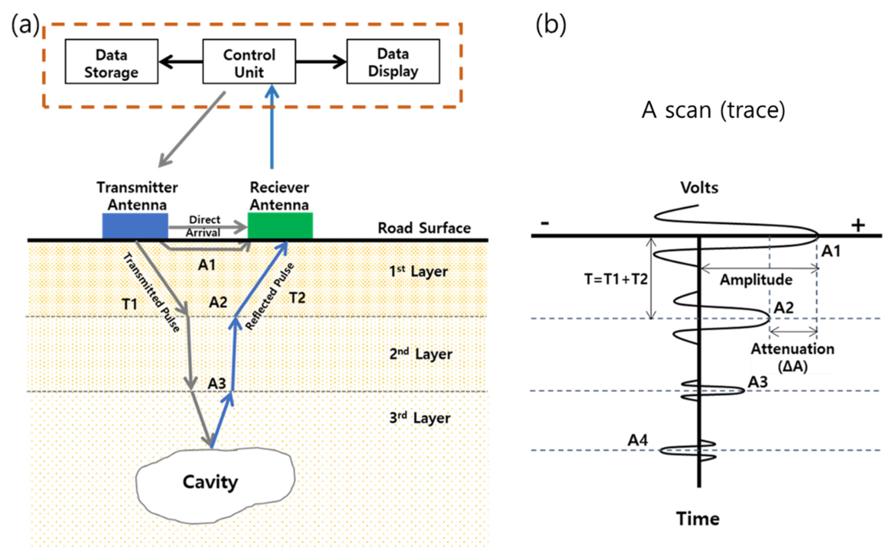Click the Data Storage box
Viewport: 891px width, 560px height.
[111, 62]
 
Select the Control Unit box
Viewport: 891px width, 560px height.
[249, 62]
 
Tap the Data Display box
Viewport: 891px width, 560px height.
[393, 62]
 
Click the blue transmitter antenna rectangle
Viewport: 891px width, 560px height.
[135, 226]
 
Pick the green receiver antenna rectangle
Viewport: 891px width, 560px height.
[280, 226]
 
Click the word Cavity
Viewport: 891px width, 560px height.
[210, 482]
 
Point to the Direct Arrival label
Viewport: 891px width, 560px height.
[204, 226]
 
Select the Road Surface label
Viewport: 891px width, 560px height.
[424, 228]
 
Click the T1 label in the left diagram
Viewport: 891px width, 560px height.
[129, 304]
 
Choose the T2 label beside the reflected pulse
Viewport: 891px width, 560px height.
[297, 298]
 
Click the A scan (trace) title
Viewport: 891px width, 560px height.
[713, 110]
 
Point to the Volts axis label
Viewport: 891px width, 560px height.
[699, 188]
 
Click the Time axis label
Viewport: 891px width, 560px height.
[698, 518]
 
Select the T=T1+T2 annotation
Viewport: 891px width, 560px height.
[616, 279]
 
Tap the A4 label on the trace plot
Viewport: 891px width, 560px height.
[638, 440]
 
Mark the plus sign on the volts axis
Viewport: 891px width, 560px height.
[858, 225]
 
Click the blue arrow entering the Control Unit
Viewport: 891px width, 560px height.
[272, 126]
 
